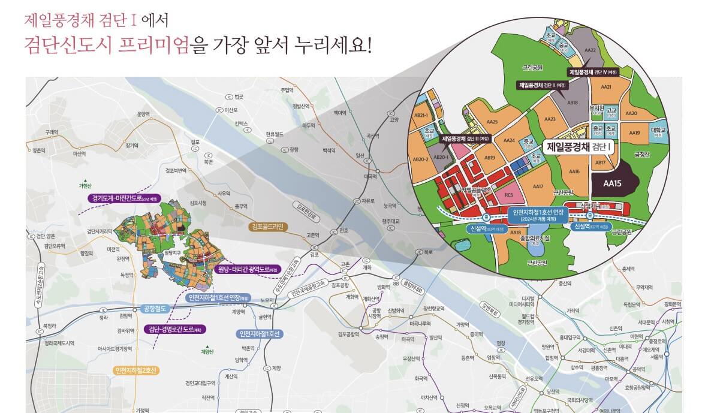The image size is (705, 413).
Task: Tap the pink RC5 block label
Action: [508, 194]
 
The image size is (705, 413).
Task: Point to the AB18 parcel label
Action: [573, 103]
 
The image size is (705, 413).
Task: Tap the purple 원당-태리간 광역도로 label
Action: [247, 269]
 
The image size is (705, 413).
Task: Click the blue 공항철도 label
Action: [154, 308]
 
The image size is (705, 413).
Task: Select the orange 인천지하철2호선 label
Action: [135, 370]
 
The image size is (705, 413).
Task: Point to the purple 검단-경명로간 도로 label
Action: [176, 329]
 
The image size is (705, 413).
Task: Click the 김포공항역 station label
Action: [348, 334]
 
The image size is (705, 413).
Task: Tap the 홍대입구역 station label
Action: [572, 337]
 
